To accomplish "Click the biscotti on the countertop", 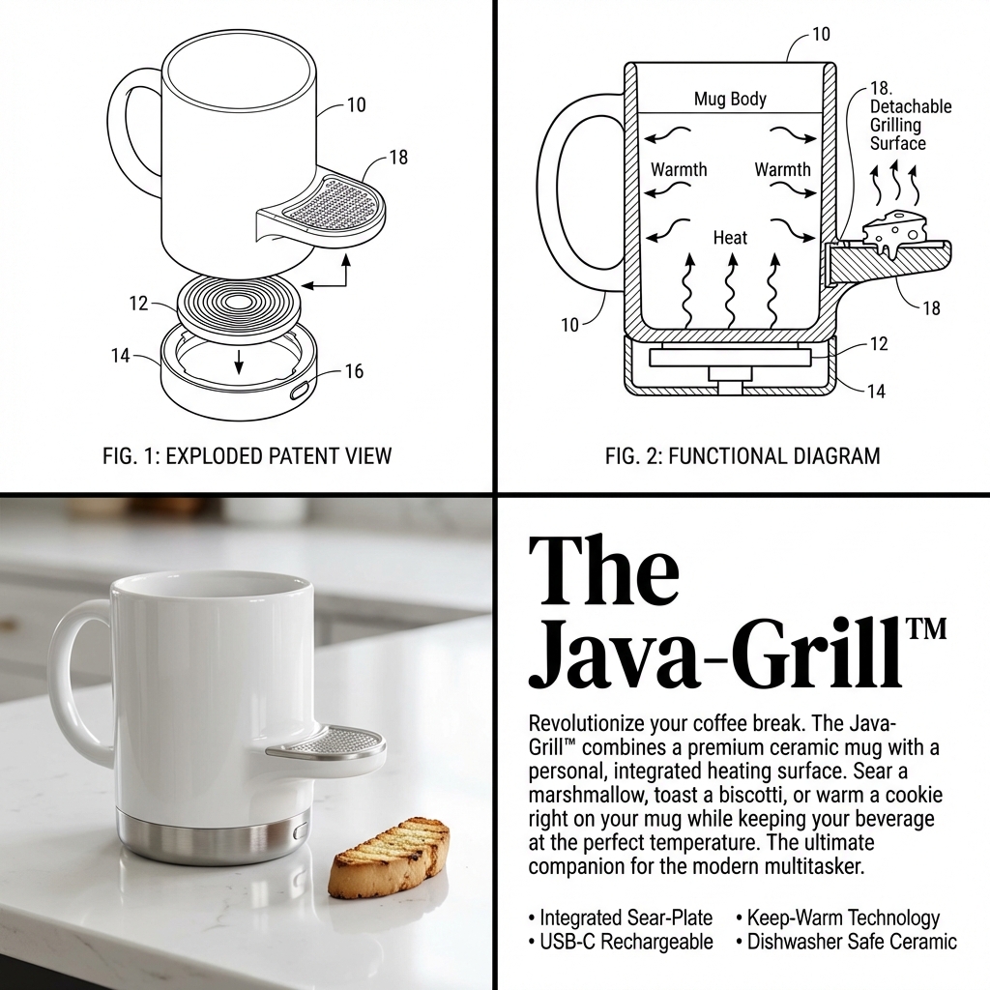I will click(x=389, y=857).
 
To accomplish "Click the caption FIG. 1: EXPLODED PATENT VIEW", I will click(x=247, y=455).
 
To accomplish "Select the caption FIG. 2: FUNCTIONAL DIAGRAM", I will click(x=742, y=455).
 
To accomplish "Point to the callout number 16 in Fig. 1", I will click(x=354, y=371).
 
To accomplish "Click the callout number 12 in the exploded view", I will click(x=138, y=304).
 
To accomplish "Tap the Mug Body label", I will click(x=730, y=99).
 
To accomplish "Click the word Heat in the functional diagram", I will click(x=730, y=237).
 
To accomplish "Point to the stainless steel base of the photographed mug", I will click(x=213, y=836).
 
